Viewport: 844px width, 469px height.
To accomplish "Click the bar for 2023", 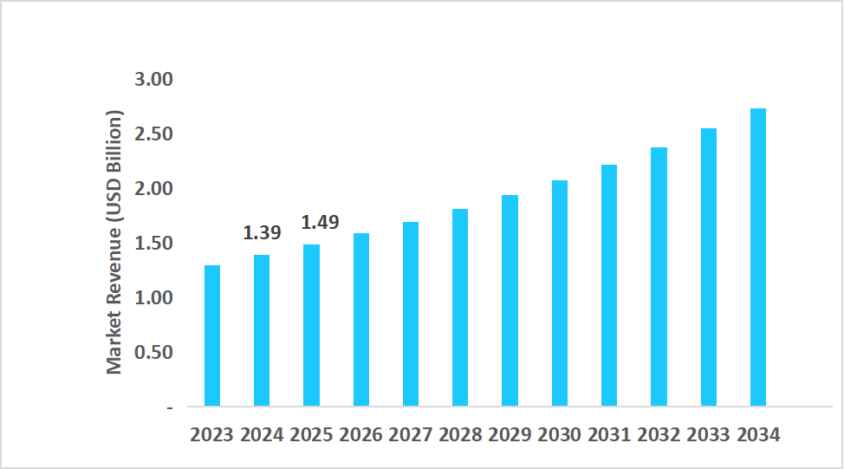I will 212,335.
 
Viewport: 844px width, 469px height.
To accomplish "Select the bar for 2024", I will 262,330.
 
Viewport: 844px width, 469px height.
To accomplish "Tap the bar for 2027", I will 411,314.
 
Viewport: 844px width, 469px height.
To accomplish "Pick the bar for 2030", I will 560,293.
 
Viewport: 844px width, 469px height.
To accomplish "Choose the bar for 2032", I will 659,277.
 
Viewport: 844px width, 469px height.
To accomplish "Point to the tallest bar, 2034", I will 758,257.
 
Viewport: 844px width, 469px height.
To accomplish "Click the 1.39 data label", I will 261,233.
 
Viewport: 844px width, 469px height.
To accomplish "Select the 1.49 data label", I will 320,223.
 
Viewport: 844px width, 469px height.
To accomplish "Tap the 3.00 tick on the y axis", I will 154,80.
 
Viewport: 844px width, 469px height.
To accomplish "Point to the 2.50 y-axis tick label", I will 154,134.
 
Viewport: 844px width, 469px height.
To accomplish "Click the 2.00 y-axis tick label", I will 154,189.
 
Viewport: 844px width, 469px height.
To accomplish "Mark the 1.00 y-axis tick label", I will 154,298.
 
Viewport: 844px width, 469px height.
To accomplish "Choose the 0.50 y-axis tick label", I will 154,353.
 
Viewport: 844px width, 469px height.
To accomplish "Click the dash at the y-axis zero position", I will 169,407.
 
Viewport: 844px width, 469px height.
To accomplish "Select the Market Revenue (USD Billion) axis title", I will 114,243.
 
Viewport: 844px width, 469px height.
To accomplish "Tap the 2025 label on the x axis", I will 311,435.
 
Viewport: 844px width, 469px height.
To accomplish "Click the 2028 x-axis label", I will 460,435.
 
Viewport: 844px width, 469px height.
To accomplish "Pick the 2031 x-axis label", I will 609,435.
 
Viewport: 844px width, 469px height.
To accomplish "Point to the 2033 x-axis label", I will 709,435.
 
